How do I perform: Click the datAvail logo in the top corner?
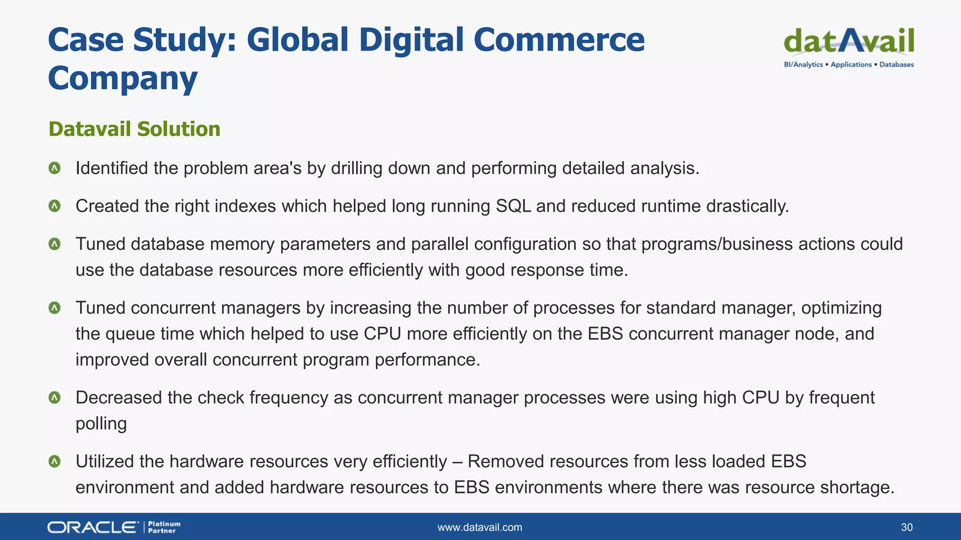point(848,41)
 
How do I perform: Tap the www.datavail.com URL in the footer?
point(480,527)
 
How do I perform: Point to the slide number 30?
point(907,527)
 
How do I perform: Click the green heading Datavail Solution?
point(134,129)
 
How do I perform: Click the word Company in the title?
point(122,78)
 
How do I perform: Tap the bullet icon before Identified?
point(55,168)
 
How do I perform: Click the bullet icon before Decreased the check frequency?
point(55,397)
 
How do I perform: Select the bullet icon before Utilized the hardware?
point(55,461)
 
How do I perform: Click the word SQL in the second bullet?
point(513,206)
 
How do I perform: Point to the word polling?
point(101,424)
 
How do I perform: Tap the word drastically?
point(747,206)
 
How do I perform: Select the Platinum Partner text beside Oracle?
point(164,527)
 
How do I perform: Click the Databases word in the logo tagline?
point(896,65)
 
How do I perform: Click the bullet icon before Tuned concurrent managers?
point(55,308)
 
